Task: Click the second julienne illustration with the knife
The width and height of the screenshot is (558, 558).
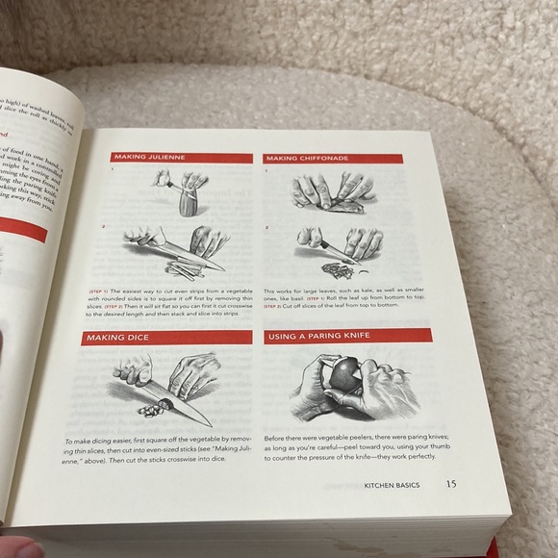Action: click(x=173, y=248)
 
